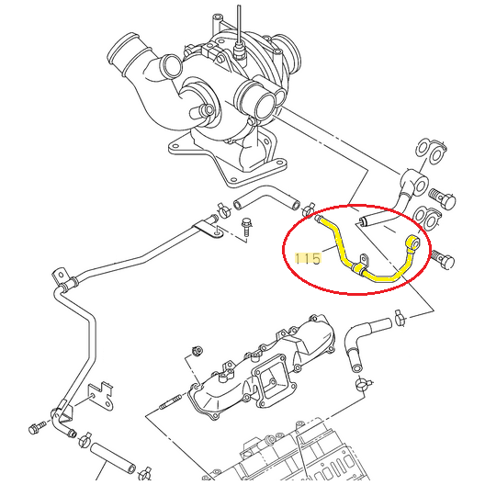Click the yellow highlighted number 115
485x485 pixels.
[x=309, y=260]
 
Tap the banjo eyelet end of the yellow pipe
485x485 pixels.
[x=414, y=242]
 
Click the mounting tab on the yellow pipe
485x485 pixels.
[x=363, y=265]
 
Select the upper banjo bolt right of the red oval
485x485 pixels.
[x=442, y=196]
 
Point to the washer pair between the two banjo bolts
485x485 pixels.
[x=428, y=219]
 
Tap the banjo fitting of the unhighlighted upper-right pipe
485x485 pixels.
[x=412, y=178]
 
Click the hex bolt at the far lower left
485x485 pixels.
[x=36, y=429]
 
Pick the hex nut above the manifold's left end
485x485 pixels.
[x=197, y=352]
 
